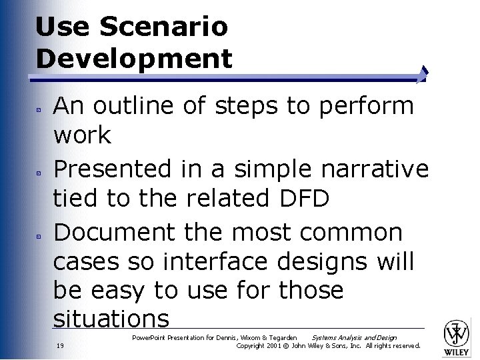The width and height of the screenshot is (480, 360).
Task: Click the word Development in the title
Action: (x=134, y=58)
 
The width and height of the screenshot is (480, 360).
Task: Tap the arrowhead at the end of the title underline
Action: (x=424, y=74)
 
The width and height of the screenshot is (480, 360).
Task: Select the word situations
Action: (x=111, y=319)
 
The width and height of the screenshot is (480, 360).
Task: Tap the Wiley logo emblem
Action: (x=457, y=333)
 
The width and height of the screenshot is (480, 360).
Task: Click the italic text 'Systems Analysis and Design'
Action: (x=354, y=338)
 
